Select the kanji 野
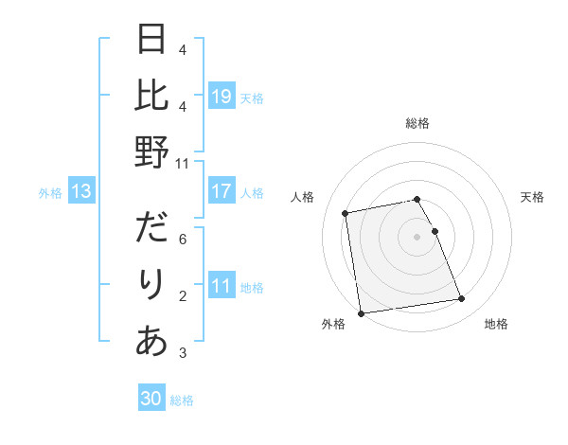click(x=152, y=151)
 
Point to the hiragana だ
click(x=152, y=228)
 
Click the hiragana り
click(x=152, y=285)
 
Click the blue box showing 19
click(x=222, y=96)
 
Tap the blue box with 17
click(x=222, y=191)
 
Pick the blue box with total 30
click(x=151, y=399)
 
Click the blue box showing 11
click(x=222, y=287)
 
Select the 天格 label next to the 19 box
click(x=252, y=98)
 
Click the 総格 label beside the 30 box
click(x=182, y=400)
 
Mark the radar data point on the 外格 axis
click(x=360, y=312)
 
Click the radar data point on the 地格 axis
click(x=461, y=299)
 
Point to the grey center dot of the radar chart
click(x=417, y=236)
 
